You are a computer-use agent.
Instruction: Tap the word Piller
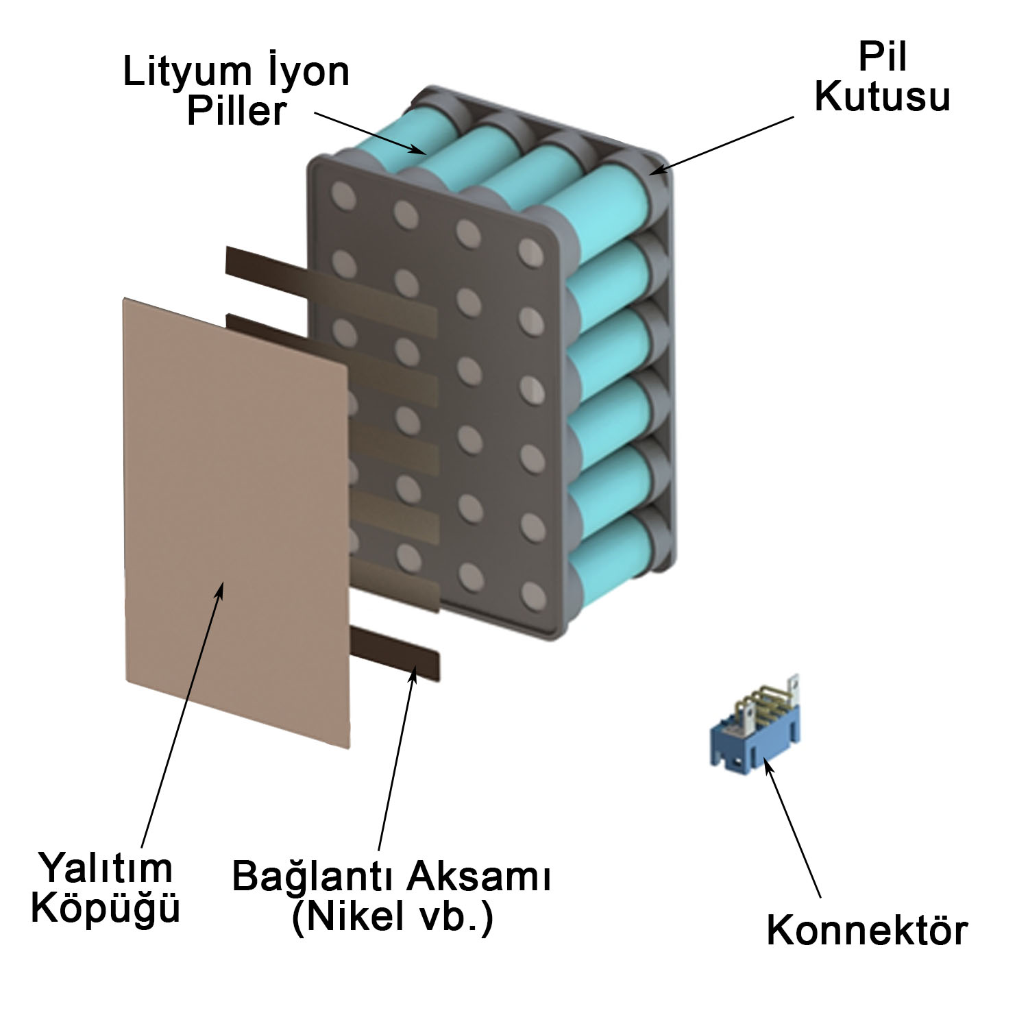[236, 111]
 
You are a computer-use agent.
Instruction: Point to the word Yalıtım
[104, 868]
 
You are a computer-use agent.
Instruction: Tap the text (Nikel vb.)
[392, 917]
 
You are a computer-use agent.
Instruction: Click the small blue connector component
[753, 733]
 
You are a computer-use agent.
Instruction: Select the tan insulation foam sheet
[236, 521]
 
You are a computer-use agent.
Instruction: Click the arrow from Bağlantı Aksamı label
[395, 754]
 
